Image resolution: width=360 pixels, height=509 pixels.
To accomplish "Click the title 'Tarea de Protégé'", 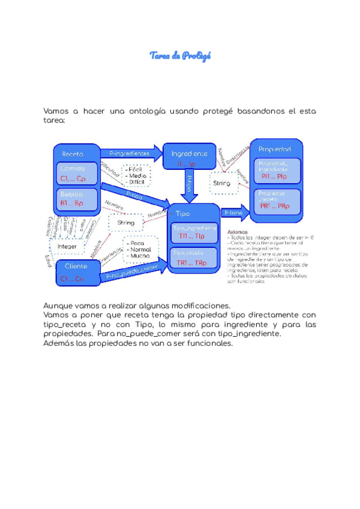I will [180, 56].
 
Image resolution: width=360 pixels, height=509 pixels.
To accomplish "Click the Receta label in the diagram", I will [73, 154].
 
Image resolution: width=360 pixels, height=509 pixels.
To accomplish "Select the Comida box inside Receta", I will [77, 173].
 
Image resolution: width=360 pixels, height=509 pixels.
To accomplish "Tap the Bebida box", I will [77, 199].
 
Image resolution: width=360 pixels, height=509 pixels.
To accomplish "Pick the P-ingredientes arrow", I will [130, 154].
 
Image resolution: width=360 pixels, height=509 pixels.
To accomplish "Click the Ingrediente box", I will [189, 158].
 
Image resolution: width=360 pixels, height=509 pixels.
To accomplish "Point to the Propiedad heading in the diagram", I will [274, 148].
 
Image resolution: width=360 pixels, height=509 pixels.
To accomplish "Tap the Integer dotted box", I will [67, 246].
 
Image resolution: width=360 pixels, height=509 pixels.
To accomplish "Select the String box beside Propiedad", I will [221, 182].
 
